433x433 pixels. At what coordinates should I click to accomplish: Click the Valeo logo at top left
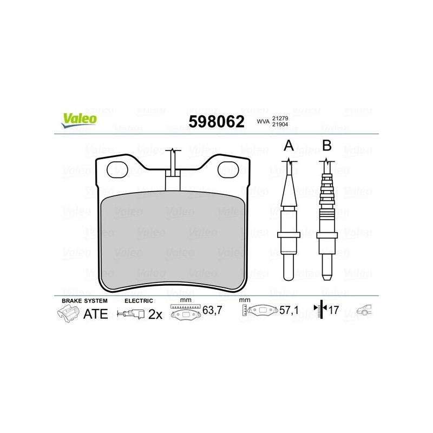[79, 121]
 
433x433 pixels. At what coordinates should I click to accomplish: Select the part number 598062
[216, 121]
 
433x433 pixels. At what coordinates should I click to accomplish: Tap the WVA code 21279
[280, 118]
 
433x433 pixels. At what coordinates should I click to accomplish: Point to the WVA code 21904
[280, 124]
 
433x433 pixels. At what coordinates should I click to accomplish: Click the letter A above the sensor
[288, 145]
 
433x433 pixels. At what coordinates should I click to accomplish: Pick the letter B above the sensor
[327, 145]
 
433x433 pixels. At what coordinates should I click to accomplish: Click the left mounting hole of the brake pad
[117, 170]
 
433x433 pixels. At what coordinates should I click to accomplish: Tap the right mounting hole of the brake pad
[228, 170]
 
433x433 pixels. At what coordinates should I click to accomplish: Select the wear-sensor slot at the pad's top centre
[173, 180]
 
